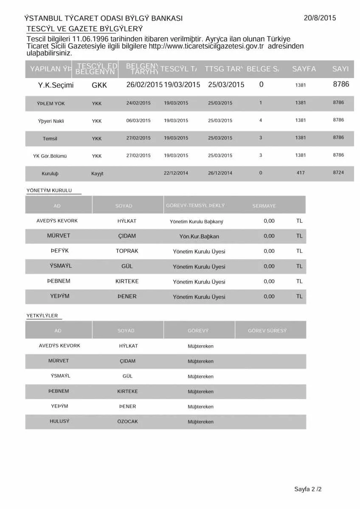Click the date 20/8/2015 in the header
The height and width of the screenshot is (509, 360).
pos(320,18)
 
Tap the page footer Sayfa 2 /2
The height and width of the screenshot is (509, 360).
pos(308,489)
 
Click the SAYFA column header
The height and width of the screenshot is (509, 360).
pos(304,69)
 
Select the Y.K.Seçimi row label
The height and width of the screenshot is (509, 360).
pos(56,85)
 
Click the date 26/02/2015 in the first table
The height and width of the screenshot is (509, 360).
pos(144,84)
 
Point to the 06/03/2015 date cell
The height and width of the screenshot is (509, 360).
pos(138,120)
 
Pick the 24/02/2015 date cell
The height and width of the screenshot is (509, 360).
pos(138,103)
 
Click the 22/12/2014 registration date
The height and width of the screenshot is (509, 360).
pos(176,173)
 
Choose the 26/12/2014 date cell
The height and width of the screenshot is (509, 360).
pos(220,173)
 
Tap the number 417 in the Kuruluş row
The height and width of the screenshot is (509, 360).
pos(301,173)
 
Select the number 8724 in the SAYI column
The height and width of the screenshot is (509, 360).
pos(338,173)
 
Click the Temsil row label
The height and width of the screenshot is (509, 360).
pos(50,138)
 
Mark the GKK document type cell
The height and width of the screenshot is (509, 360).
pos(99,85)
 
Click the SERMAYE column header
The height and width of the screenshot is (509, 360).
pos(264,206)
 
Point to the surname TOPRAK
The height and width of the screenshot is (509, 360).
pos(127,251)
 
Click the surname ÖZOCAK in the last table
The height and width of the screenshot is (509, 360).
pos(127,422)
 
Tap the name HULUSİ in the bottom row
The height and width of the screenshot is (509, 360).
pos(59,422)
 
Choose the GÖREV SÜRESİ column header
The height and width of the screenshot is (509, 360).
pos(267,330)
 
